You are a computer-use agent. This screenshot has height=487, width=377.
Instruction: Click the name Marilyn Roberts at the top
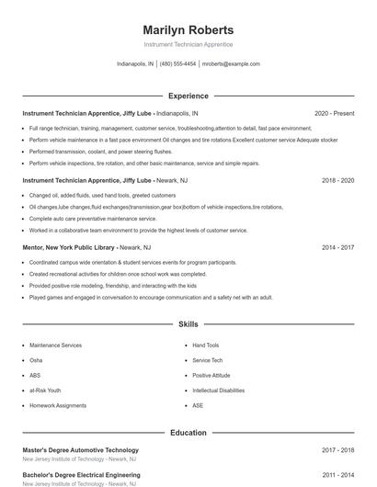pyautogui.click(x=188, y=29)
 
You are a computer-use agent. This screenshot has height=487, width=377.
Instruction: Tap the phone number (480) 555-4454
pyautogui.click(x=177, y=64)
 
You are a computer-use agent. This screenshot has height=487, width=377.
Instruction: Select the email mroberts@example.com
pyautogui.click(x=231, y=64)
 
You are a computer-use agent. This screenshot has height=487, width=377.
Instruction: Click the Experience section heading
pyautogui.click(x=188, y=96)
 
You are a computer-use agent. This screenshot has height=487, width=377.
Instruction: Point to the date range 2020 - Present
pyautogui.click(x=334, y=113)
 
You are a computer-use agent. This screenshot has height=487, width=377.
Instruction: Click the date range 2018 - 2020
pyautogui.click(x=337, y=181)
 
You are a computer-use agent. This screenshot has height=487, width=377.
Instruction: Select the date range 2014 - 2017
pyautogui.click(x=337, y=247)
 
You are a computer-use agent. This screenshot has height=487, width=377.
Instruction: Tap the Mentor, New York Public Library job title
pyautogui.click(x=69, y=247)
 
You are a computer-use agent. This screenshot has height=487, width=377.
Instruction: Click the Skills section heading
pyautogui.click(x=188, y=324)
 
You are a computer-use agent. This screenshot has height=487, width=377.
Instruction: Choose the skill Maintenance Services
pyautogui.click(x=55, y=345)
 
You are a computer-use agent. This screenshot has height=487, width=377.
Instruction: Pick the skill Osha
pyautogui.click(x=36, y=360)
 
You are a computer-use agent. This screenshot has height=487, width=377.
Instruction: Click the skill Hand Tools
pyautogui.click(x=206, y=345)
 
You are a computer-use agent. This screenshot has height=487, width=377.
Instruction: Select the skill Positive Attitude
pyautogui.click(x=211, y=375)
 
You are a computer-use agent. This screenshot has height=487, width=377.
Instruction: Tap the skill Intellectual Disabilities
pyautogui.click(x=218, y=391)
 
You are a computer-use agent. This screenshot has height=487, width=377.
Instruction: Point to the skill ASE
pyautogui.click(x=198, y=405)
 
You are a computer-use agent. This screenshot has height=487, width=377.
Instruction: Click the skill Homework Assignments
pyautogui.click(x=57, y=405)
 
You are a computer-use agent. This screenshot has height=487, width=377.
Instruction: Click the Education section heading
pyautogui.click(x=188, y=432)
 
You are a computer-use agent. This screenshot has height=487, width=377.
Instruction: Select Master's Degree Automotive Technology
pyautogui.click(x=81, y=450)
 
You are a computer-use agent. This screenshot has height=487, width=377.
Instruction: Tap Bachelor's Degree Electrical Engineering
pyautogui.click(x=81, y=475)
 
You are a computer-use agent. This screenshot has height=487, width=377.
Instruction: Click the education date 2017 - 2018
pyautogui.click(x=337, y=450)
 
